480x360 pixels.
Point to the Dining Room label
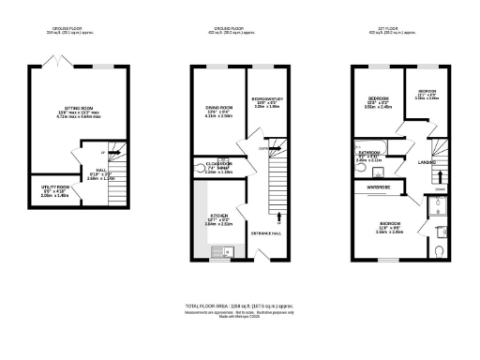[x=218, y=108]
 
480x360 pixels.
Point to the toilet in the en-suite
[x=440, y=250]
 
